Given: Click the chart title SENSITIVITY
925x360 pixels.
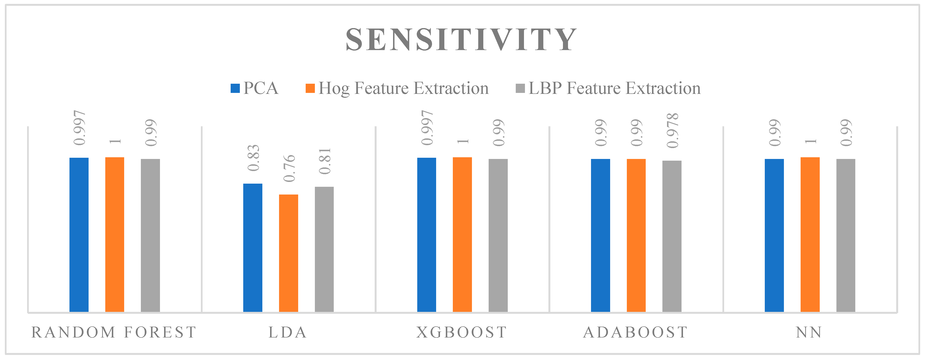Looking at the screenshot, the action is click(x=461, y=39).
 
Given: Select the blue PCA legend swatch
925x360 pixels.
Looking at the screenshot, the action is click(x=235, y=88).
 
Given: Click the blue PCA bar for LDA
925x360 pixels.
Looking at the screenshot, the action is click(x=253, y=248).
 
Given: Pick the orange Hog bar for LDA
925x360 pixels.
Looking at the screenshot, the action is click(x=288, y=253).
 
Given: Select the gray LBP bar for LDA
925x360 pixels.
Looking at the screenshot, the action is click(x=324, y=249).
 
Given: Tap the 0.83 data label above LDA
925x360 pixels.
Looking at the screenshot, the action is click(x=253, y=158).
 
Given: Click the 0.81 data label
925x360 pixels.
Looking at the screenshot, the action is click(x=325, y=161).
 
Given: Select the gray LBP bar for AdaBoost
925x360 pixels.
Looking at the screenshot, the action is click(x=672, y=236).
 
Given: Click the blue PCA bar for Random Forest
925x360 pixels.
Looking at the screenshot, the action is click(x=79, y=235).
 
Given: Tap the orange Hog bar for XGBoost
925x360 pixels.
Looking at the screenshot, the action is click(x=462, y=234).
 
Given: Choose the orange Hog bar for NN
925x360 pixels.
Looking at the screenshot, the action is click(x=810, y=234).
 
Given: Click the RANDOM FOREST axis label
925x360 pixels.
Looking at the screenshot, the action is click(x=114, y=332).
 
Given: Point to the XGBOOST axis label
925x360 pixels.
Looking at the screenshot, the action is click(x=462, y=332).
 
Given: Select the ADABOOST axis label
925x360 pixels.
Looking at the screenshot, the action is click(x=636, y=332).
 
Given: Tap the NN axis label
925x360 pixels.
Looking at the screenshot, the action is click(x=809, y=332).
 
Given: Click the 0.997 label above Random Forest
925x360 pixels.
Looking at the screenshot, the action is click(x=79, y=128).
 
